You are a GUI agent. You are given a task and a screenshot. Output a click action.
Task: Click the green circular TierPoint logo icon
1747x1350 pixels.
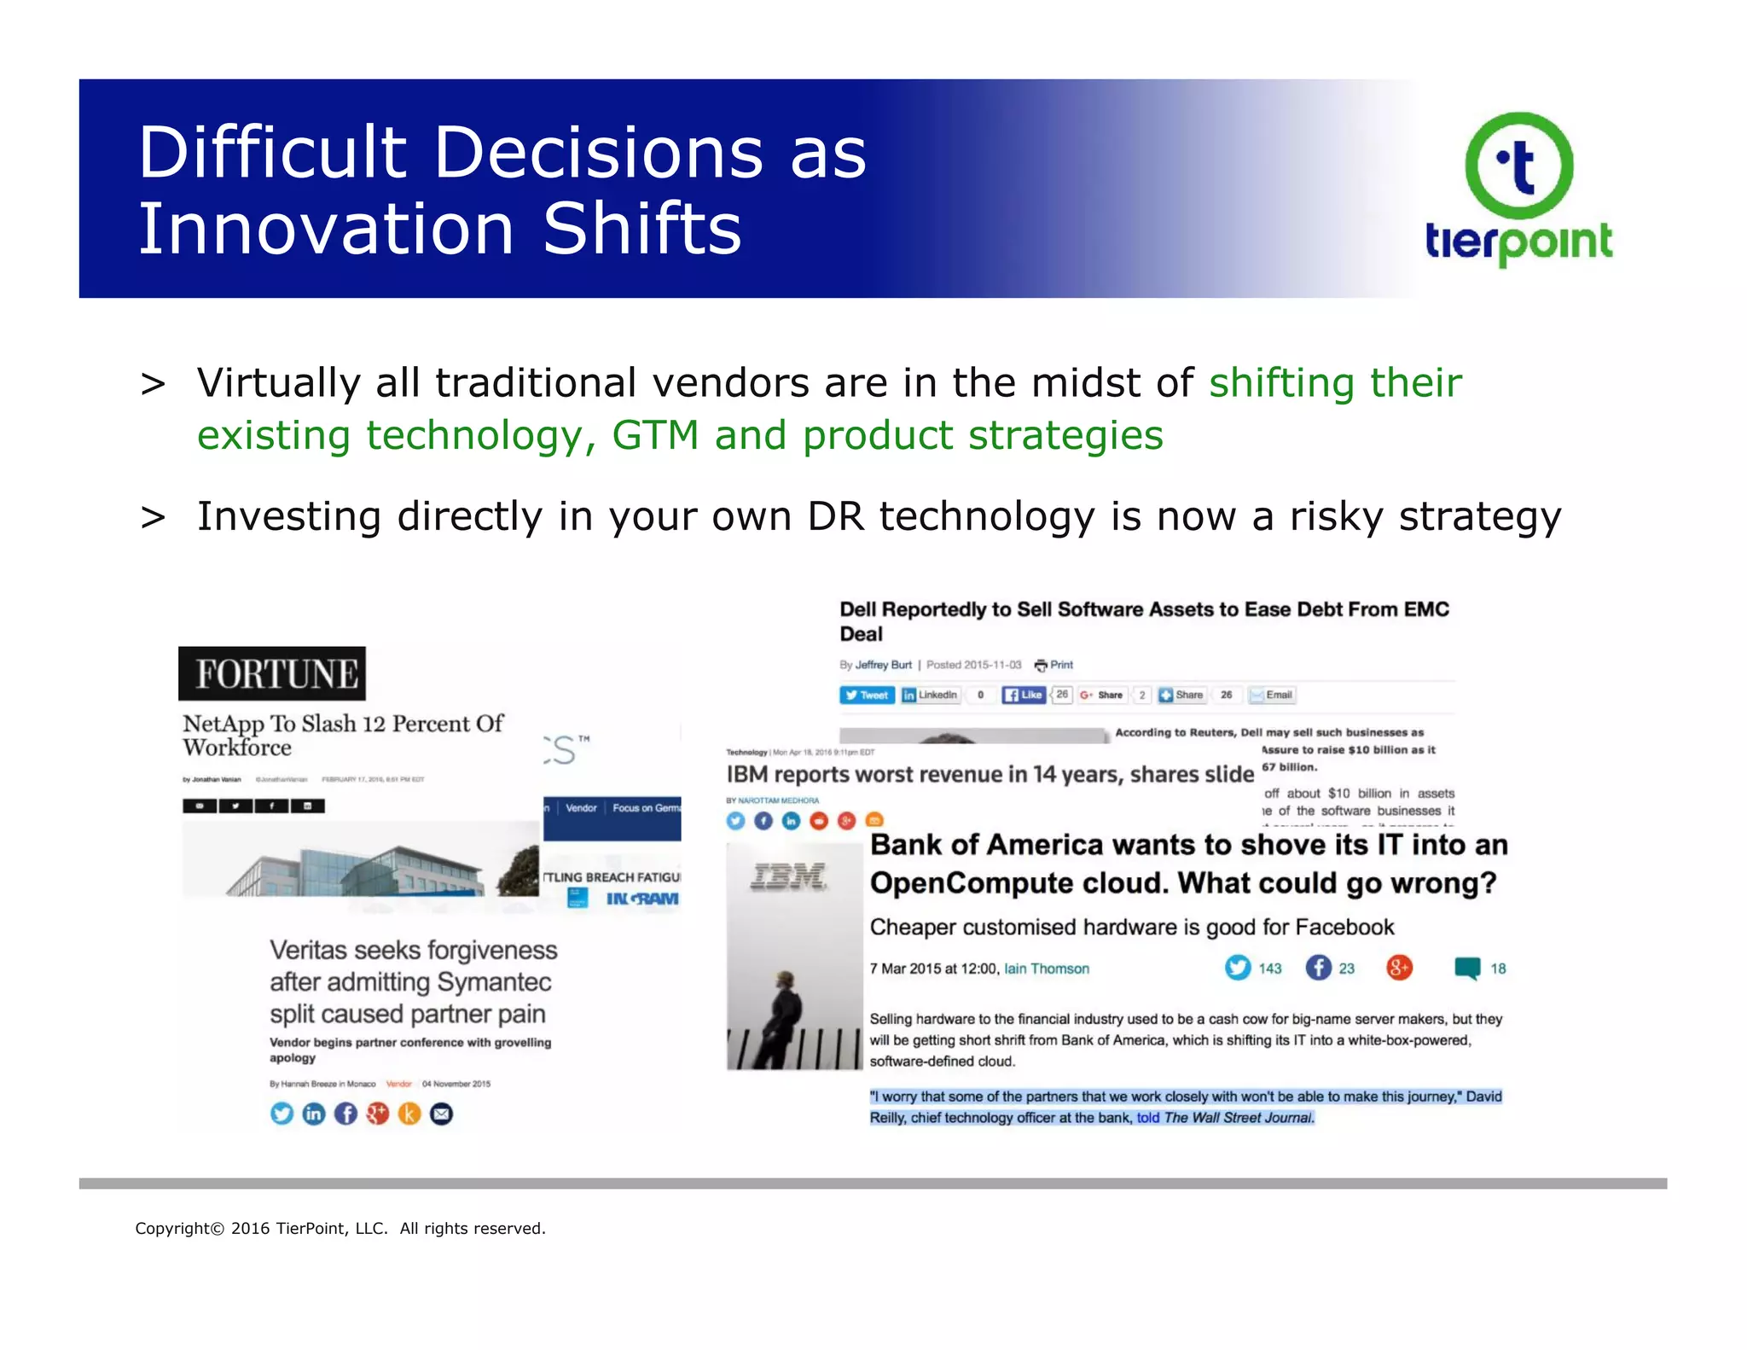click(1518, 166)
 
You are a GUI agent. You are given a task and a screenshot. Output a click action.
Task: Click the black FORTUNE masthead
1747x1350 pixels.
click(272, 673)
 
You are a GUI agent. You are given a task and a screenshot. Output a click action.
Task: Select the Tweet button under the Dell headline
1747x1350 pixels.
click(867, 695)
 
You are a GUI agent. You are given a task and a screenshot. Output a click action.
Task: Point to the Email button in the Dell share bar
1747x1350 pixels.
click(1271, 695)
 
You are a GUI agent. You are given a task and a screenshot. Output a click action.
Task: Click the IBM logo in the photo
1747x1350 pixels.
click(788, 876)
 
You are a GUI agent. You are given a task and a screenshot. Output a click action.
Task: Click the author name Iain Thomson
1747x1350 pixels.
click(1046, 969)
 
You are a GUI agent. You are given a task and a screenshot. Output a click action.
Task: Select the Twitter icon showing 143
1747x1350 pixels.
click(1238, 968)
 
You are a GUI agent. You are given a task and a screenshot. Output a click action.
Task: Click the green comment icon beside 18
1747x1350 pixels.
click(1467, 968)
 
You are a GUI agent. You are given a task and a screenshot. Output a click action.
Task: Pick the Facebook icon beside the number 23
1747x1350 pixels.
click(1318, 968)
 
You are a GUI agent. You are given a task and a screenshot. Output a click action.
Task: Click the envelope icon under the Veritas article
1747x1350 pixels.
click(441, 1114)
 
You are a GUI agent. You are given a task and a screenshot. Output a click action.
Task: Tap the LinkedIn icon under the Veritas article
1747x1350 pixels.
click(314, 1114)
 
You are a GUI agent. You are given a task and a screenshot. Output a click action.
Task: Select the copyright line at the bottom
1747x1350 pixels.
click(340, 1228)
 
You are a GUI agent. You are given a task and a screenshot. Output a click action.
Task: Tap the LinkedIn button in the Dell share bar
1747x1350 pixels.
click(931, 695)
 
